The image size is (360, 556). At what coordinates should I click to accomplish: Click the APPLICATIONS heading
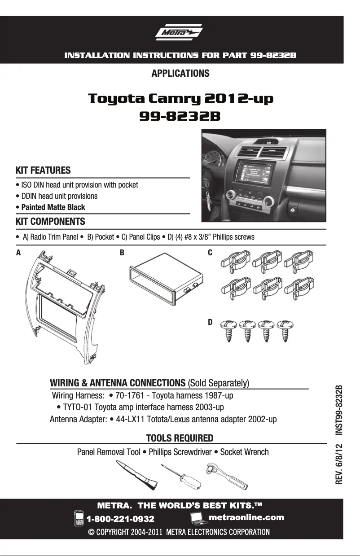click(x=180, y=73)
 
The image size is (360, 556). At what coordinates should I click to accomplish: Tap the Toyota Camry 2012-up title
click(x=180, y=98)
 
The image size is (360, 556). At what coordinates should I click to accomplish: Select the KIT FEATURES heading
click(x=43, y=171)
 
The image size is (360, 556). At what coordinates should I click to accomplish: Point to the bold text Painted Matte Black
click(x=53, y=207)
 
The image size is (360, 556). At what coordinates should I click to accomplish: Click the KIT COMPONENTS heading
click(x=50, y=222)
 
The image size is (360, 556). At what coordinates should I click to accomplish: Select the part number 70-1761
click(x=130, y=396)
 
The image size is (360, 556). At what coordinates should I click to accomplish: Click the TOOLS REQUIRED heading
click(x=180, y=438)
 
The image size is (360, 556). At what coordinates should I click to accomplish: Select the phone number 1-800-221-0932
click(x=120, y=519)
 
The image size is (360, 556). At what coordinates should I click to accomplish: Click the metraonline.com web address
click(x=247, y=517)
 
